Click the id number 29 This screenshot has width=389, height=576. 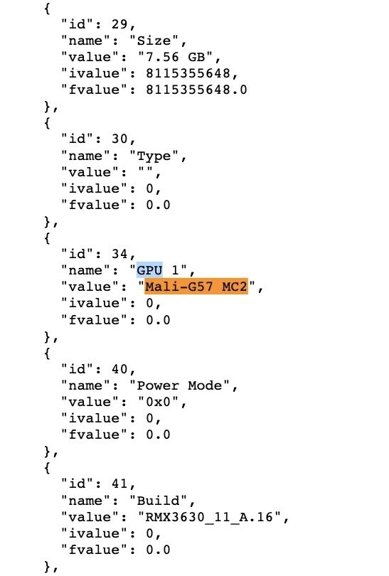[x=119, y=24]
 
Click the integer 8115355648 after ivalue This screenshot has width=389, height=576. [x=188, y=73]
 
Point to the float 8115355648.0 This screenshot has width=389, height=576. [x=196, y=90]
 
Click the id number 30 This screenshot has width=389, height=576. [x=119, y=139]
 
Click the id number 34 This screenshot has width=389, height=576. [x=119, y=254]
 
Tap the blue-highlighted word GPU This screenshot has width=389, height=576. [x=149, y=270]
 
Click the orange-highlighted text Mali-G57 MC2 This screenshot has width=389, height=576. [x=196, y=287]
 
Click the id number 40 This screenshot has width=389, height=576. [x=119, y=369]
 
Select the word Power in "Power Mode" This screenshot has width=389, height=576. [x=158, y=385]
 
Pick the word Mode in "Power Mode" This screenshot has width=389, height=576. [x=205, y=385]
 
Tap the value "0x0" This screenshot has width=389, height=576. [x=159, y=402]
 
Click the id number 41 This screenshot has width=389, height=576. [x=119, y=484]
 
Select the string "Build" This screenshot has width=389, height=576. [x=158, y=501]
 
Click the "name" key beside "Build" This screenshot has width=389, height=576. [x=85, y=501]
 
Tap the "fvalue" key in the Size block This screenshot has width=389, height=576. [x=94, y=90]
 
